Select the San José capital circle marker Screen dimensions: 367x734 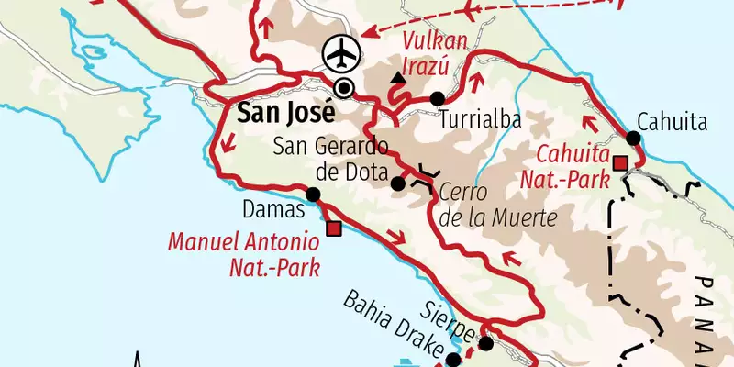pos(344,88)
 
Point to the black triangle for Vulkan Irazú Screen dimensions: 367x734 pos(397,81)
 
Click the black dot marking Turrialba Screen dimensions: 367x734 pos(437,98)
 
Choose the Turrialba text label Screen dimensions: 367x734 pos(479,120)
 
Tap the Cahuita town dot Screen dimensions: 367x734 pos(633,139)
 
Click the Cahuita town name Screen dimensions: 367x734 pos(673,121)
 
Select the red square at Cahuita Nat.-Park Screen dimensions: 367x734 pos(620,163)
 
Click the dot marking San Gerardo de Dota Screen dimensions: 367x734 pos(397,183)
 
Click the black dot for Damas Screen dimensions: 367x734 pos(313,194)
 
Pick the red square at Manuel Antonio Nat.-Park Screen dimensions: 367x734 pos(333,228)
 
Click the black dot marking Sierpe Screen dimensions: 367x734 pos(485,344)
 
